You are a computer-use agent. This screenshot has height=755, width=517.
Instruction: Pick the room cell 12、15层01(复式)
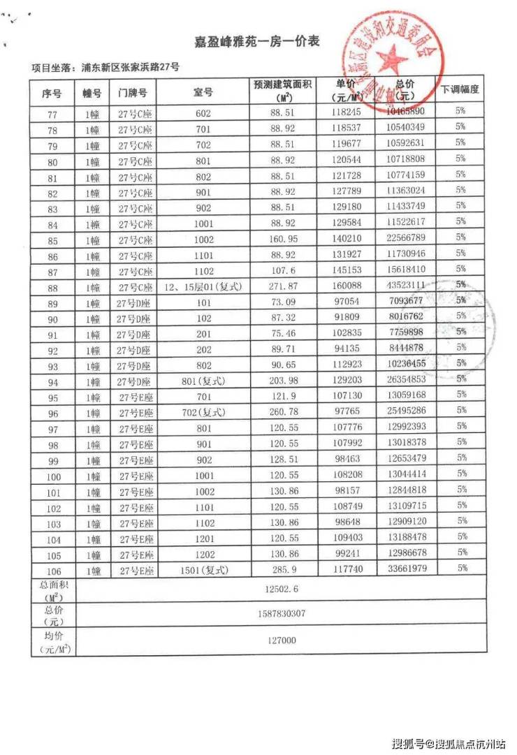point(203,285)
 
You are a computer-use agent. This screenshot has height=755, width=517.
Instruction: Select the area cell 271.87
point(284,285)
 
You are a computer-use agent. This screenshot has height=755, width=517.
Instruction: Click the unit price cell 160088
point(347,285)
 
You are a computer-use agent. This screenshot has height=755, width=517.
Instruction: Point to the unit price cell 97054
point(347,301)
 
